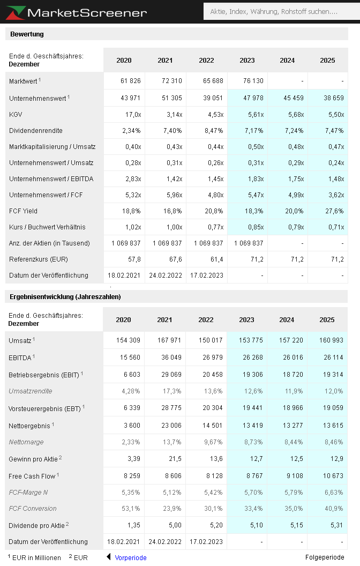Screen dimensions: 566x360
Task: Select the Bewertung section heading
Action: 27,34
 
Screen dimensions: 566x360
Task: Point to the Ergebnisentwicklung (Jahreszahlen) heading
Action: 65,297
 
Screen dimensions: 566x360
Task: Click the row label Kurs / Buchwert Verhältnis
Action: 47,227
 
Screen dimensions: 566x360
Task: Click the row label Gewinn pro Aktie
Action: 34,459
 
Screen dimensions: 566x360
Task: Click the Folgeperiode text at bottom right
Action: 325,557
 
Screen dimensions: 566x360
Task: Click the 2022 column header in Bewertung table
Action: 206,61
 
